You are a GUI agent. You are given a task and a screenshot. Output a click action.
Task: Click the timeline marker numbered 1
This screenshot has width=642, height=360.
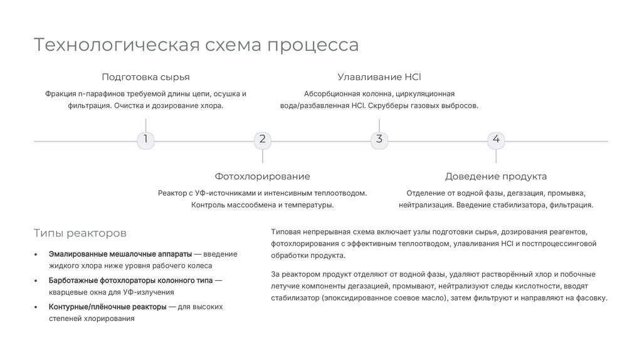coord(145,140)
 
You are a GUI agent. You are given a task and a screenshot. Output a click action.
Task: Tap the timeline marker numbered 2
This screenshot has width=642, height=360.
coord(262,140)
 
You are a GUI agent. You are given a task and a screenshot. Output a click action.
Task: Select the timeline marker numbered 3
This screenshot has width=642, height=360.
coord(379,140)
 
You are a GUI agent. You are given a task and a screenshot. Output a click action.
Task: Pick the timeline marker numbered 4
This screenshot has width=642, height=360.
coord(496,140)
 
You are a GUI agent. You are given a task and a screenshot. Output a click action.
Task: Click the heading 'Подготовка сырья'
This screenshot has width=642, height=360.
coord(145,77)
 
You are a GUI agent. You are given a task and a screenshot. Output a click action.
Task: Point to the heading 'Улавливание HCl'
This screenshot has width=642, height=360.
coord(379,77)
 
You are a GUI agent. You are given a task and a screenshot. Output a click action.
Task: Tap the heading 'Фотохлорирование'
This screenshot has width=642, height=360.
coord(262,177)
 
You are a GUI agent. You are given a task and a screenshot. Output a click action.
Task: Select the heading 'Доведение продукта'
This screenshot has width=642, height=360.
coord(496,177)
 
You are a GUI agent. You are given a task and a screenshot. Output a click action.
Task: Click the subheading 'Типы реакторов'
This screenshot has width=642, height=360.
coord(80,233)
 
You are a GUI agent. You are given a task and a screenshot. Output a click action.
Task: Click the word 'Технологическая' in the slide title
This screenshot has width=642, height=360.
coord(116,45)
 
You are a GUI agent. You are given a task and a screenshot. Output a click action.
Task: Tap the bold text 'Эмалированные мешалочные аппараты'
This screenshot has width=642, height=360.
coord(120,254)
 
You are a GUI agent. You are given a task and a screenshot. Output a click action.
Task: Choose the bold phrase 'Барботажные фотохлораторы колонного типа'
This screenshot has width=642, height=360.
coord(131,280)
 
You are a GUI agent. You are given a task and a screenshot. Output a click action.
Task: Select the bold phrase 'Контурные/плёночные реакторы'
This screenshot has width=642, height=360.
coord(107,307)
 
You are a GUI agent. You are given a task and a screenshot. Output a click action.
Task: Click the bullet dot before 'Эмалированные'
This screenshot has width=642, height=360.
coord(36,255)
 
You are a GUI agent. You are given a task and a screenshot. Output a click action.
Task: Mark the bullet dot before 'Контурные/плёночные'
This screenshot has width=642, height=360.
coord(36,307)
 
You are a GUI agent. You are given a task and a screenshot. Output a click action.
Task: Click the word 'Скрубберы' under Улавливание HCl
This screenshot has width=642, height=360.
coord(387,106)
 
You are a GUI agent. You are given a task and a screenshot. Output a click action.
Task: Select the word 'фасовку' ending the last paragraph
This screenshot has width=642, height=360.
coord(592,298)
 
